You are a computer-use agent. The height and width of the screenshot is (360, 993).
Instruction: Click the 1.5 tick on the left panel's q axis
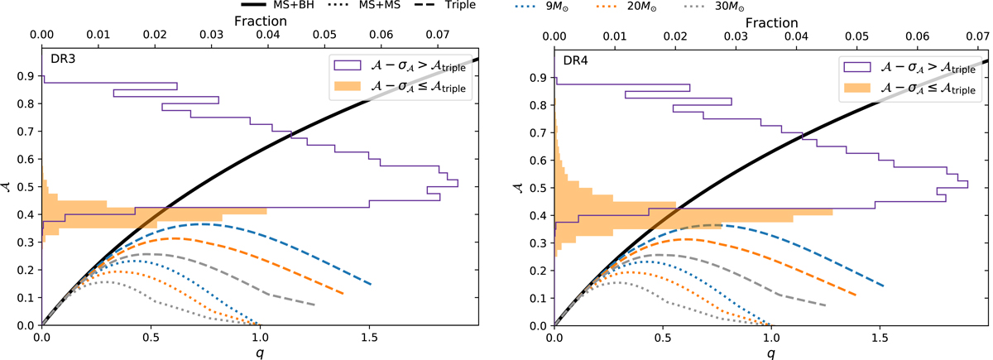tap(369, 337)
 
